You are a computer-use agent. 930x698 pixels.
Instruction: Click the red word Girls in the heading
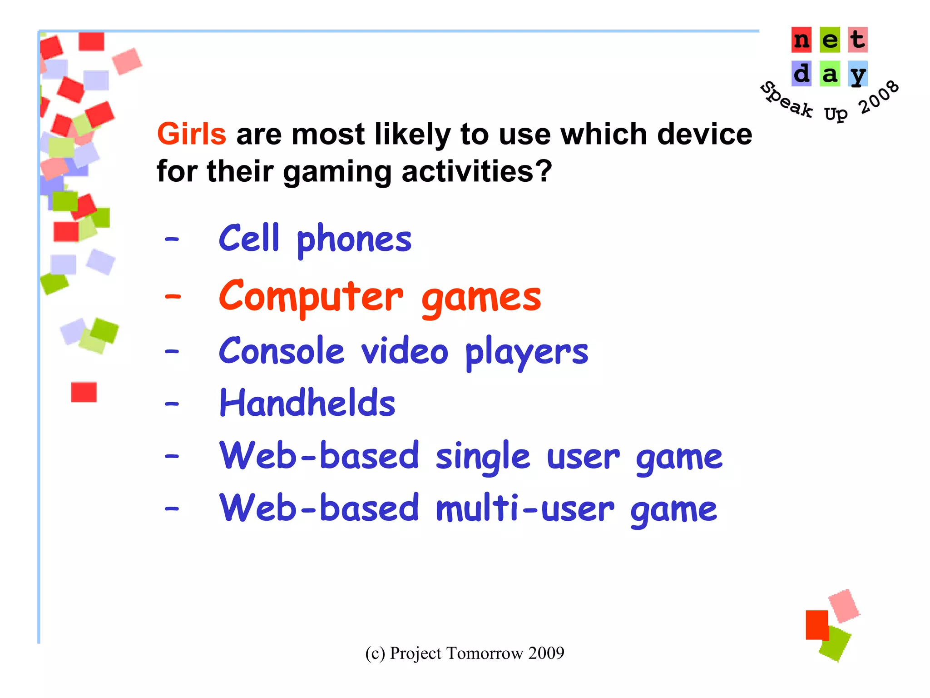pyautogui.click(x=191, y=134)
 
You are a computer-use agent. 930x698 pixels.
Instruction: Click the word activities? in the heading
pyautogui.click(x=476, y=172)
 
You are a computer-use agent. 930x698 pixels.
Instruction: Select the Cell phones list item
pyautogui.click(x=315, y=239)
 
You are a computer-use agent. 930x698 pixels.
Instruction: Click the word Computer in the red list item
pyautogui.click(x=311, y=296)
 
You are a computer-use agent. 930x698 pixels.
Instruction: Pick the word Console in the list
pyautogui.click(x=282, y=351)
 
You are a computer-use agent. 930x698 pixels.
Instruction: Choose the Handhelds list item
pyautogui.click(x=307, y=403)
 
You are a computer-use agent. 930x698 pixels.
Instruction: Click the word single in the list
pyautogui.click(x=483, y=456)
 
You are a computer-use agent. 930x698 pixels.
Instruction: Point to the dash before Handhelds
pyautogui.click(x=172, y=404)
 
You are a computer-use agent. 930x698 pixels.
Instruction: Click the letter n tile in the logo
pyautogui.click(x=801, y=40)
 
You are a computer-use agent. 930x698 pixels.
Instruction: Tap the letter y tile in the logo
pyautogui.click(x=857, y=74)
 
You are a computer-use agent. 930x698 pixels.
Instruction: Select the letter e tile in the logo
pyautogui.click(x=830, y=40)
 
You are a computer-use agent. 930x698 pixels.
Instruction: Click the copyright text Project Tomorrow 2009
pyautogui.click(x=465, y=653)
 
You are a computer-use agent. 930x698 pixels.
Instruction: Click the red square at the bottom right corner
pyautogui.click(x=816, y=624)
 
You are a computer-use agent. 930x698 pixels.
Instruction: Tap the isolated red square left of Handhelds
pyautogui.click(x=84, y=392)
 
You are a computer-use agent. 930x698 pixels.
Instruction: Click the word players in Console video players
pyautogui.click(x=527, y=352)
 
